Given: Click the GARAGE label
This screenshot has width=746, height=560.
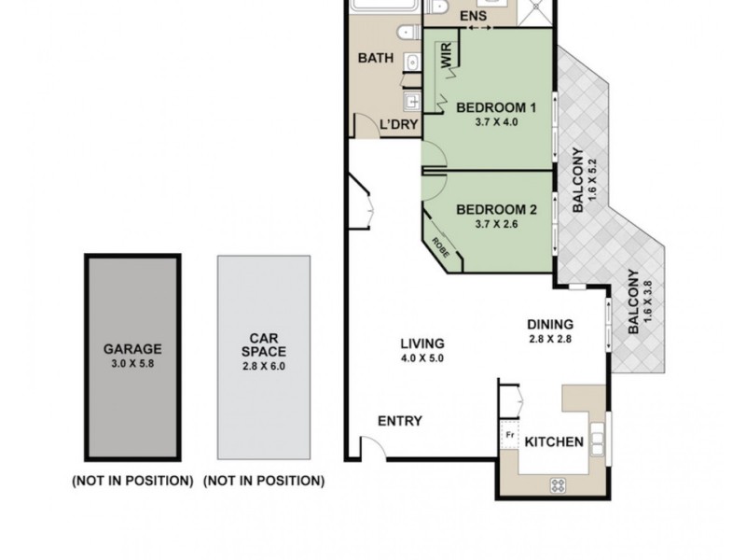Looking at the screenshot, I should point(132,350).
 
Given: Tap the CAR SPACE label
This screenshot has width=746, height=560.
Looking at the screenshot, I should point(263,345).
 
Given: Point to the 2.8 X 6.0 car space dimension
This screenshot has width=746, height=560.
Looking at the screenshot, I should point(263,367).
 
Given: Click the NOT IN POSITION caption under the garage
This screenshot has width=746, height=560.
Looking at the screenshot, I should point(132,482).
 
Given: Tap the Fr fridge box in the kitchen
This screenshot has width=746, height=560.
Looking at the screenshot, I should point(510,435).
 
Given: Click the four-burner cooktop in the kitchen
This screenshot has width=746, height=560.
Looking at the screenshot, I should point(558,484).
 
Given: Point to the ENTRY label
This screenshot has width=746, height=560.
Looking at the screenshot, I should point(400,421).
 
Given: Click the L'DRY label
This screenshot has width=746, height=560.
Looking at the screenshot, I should point(398,125).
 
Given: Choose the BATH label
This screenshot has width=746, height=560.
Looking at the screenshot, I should point(376,58).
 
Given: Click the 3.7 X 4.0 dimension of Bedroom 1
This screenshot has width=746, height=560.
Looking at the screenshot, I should point(495,121).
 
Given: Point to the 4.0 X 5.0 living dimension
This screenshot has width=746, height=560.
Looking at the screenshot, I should point(422,357).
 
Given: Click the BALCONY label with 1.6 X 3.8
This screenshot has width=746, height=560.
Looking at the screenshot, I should point(634,301).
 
